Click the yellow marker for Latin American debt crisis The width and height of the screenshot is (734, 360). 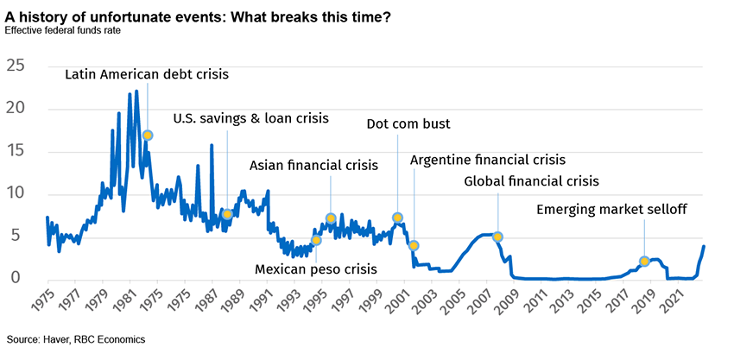click(148, 136)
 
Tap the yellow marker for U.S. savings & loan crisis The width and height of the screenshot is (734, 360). click(227, 214)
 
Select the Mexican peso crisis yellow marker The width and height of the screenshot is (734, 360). click(316, 240)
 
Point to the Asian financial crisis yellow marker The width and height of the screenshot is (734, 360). click(331, 218)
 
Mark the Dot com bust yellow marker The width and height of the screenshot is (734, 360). click(397, 218)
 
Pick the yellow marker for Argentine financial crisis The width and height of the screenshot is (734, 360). click(414, 246)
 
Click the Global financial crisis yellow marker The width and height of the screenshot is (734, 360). click(497, 237)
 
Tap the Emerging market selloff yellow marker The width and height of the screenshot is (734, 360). click(644, 262)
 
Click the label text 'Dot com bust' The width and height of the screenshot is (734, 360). click(408, 123)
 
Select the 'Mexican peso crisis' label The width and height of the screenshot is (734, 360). click(315, 269)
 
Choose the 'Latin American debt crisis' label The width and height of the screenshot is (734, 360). click(147, 74)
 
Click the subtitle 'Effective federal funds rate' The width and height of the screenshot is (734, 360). click(62, 31)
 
